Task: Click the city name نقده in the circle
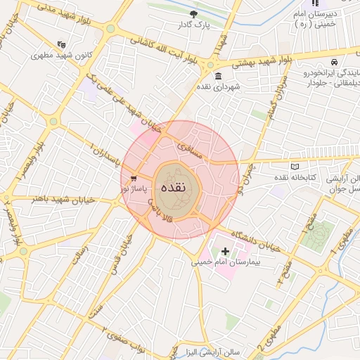[173, 188]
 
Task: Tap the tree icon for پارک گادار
[195, 14]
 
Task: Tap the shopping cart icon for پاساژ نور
[134, 179]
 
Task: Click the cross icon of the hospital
[225, 250]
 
